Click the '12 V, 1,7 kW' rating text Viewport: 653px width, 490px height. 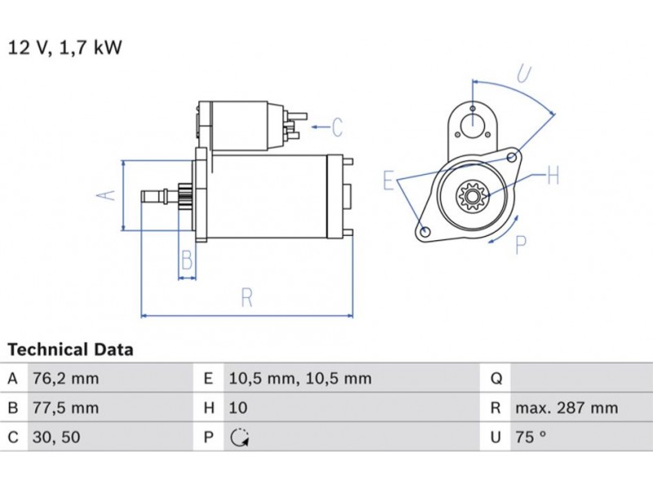pyautogui.click(x=64, y=47)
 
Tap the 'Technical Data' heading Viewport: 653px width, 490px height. pyautogui.click(x=70, y=350)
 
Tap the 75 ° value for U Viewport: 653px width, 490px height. pyautogui.click(x=531, y=437)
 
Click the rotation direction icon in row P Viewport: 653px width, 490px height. pyautogui.click(x=238, y=438)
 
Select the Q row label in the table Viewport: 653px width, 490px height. pyautogui.click(x=495, y=378)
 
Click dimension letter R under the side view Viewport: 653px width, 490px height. pyautogui.click(x=247, y=298)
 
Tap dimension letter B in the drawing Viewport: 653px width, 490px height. pyautogui.click(x=187, y=261)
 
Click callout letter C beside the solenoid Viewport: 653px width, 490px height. pyautogui.click(x=336, y=127)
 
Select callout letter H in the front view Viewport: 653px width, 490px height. pyautogui.click(x=552, y=175)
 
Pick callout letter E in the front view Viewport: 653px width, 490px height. pyautogui.click(x=389, y=180)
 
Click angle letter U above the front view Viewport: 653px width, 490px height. pyautogui.click(x=523, y=74)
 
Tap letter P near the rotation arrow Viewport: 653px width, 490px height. pyautogui.click(x=521, y=245)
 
